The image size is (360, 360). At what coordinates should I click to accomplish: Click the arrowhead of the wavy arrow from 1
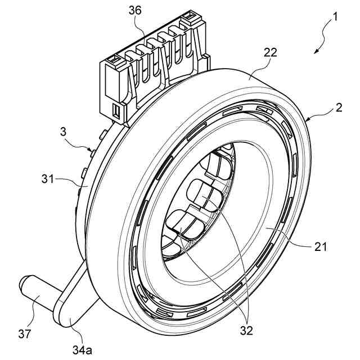pos(317,52)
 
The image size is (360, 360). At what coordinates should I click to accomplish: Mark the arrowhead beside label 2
pos(308,120)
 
